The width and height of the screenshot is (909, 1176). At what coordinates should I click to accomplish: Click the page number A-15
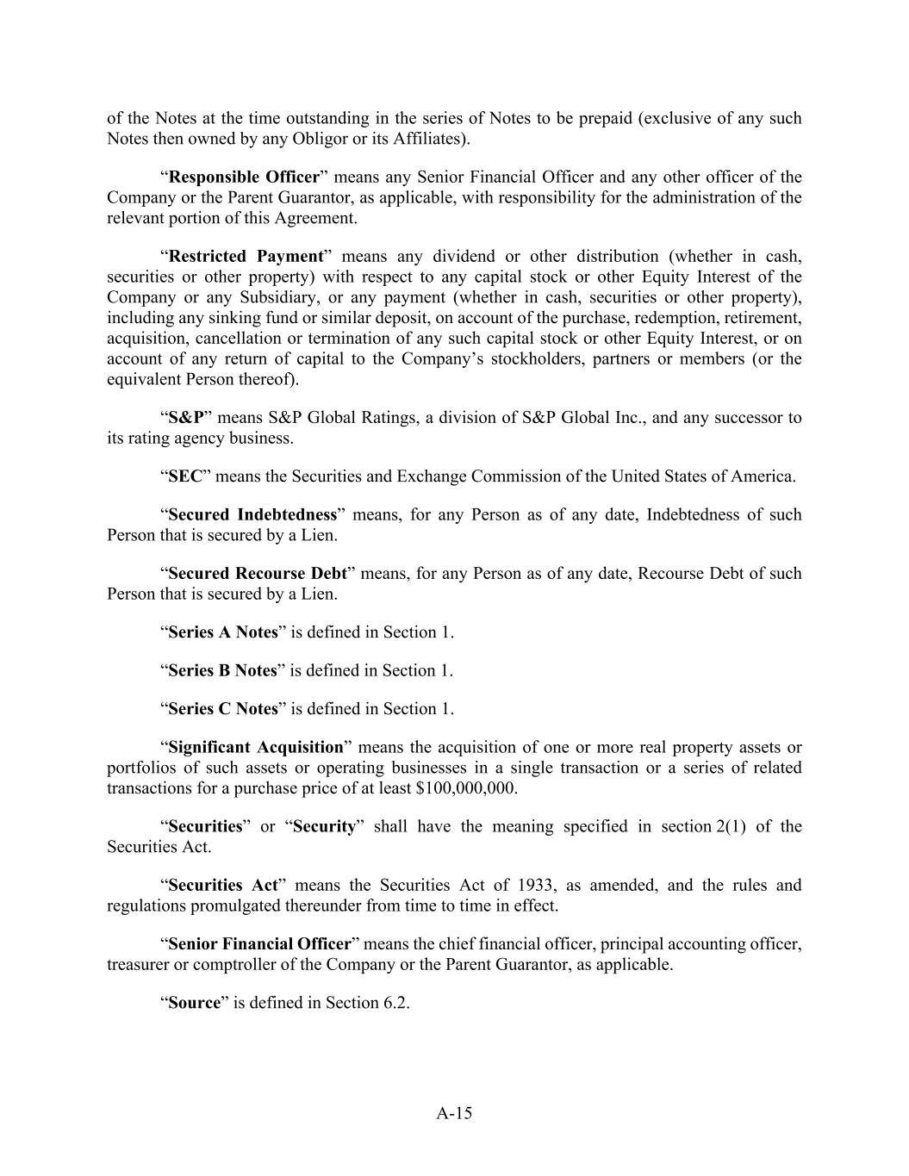(454, 1113)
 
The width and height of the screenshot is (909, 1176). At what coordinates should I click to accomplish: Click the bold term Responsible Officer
(244, 177)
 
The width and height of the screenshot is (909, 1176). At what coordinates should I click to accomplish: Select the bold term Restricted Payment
(246, 257)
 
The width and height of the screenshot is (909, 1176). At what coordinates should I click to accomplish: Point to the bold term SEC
(185, 476)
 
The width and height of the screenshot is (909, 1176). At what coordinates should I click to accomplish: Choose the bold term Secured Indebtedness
(252, 515)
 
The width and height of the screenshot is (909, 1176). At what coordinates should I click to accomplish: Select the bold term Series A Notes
(223, 632)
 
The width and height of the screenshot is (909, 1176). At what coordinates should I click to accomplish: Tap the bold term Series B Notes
(223, 670)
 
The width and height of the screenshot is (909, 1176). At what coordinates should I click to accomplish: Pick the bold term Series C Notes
(223, 709)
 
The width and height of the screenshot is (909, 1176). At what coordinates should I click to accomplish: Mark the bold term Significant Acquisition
(256, 747)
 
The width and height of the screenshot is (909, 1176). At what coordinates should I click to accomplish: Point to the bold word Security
(324, 827)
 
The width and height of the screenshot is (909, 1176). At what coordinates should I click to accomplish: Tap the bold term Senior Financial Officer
(260, 944)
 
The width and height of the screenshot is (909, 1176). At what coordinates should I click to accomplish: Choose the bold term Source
(195, 1003)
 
